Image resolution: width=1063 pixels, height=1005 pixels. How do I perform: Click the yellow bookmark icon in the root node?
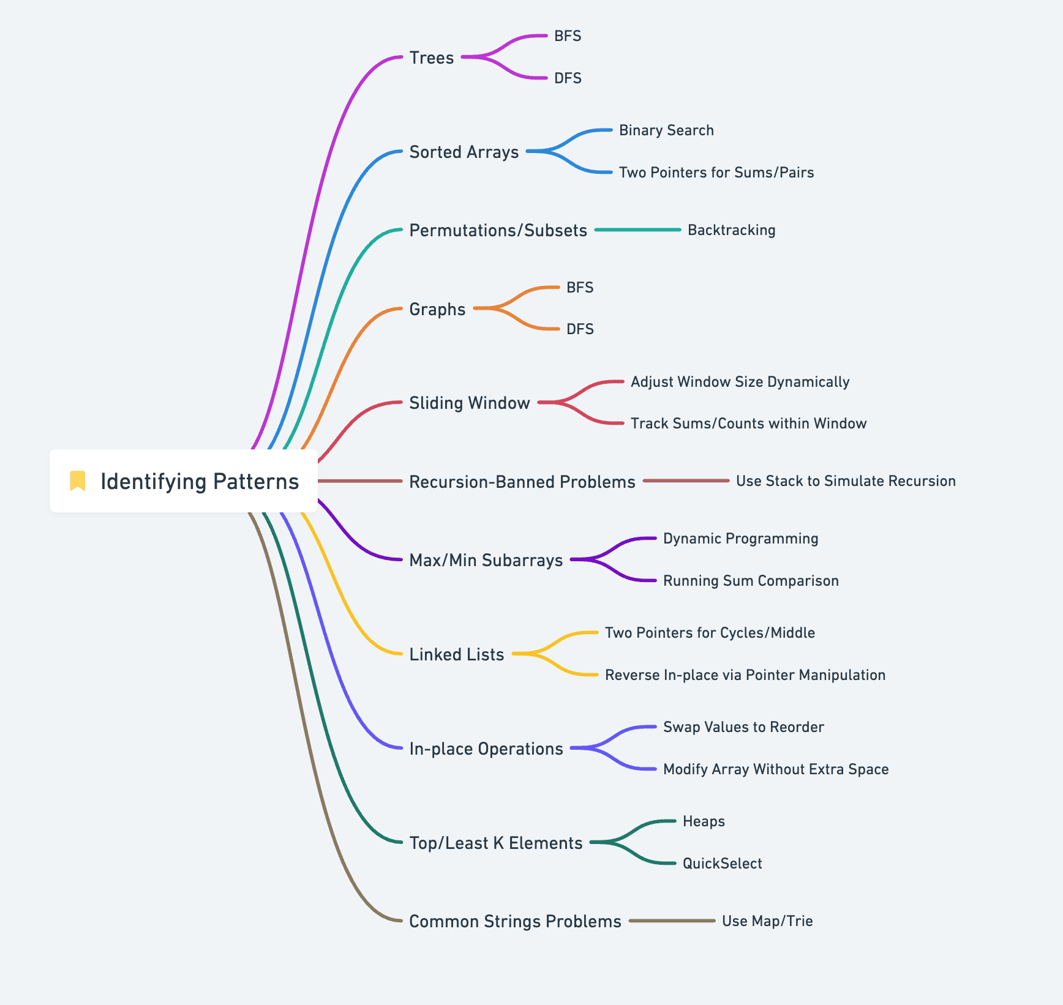78,481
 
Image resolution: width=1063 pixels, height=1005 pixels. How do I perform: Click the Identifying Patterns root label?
200,482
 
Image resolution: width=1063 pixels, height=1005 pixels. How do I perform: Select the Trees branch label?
432,58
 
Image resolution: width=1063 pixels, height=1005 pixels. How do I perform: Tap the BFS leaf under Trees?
568,36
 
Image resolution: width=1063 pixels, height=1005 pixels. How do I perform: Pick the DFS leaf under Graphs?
580,329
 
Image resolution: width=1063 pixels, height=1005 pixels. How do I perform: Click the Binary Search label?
666,130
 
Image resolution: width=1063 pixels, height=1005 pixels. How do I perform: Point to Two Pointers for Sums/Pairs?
716,173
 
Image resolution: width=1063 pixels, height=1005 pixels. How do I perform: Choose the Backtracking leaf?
731,230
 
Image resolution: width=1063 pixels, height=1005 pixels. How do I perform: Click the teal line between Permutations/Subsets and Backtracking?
637,230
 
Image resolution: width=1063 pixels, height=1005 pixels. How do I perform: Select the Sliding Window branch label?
470,403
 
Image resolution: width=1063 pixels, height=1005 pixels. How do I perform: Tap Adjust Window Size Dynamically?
740,382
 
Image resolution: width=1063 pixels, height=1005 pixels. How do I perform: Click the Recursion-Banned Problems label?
522,482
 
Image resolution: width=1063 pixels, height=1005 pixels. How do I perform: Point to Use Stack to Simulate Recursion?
846,481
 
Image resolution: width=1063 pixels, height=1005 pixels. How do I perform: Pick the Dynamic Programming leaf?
740,539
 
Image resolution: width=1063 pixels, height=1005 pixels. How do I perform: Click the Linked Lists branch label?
457,654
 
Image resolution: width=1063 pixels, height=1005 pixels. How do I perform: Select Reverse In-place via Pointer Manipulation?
745,675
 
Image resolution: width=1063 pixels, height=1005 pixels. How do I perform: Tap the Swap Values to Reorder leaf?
743,727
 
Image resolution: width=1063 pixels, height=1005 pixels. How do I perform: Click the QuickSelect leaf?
722,864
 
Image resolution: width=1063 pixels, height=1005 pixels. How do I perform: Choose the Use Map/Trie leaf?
767,921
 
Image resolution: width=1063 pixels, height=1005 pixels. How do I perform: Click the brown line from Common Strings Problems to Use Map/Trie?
672,921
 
